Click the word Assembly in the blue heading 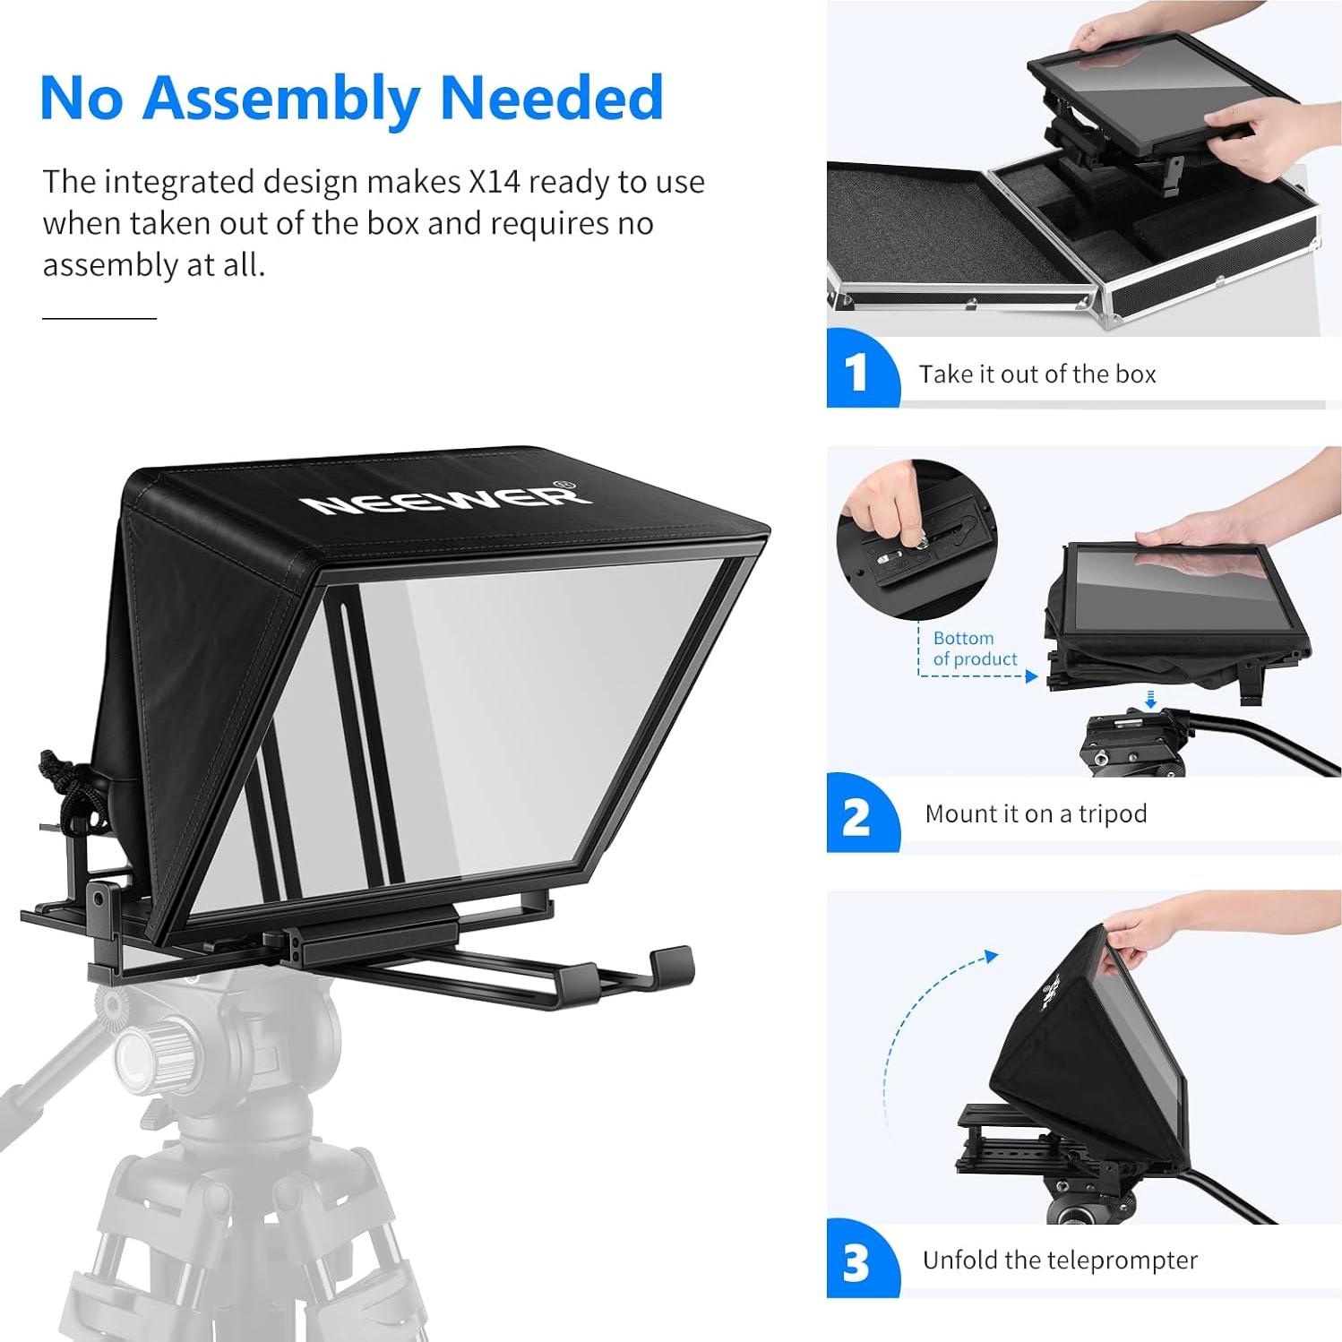coord(280,99)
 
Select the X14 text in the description coord(494,182)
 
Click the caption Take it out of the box coord(1037,374)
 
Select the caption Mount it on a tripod coord(1036,813)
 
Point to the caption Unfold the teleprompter coord(1059,1260)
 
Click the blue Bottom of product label coord(975,649)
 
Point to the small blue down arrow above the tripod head coord(1151,699)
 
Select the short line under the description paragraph coord(99,318)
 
